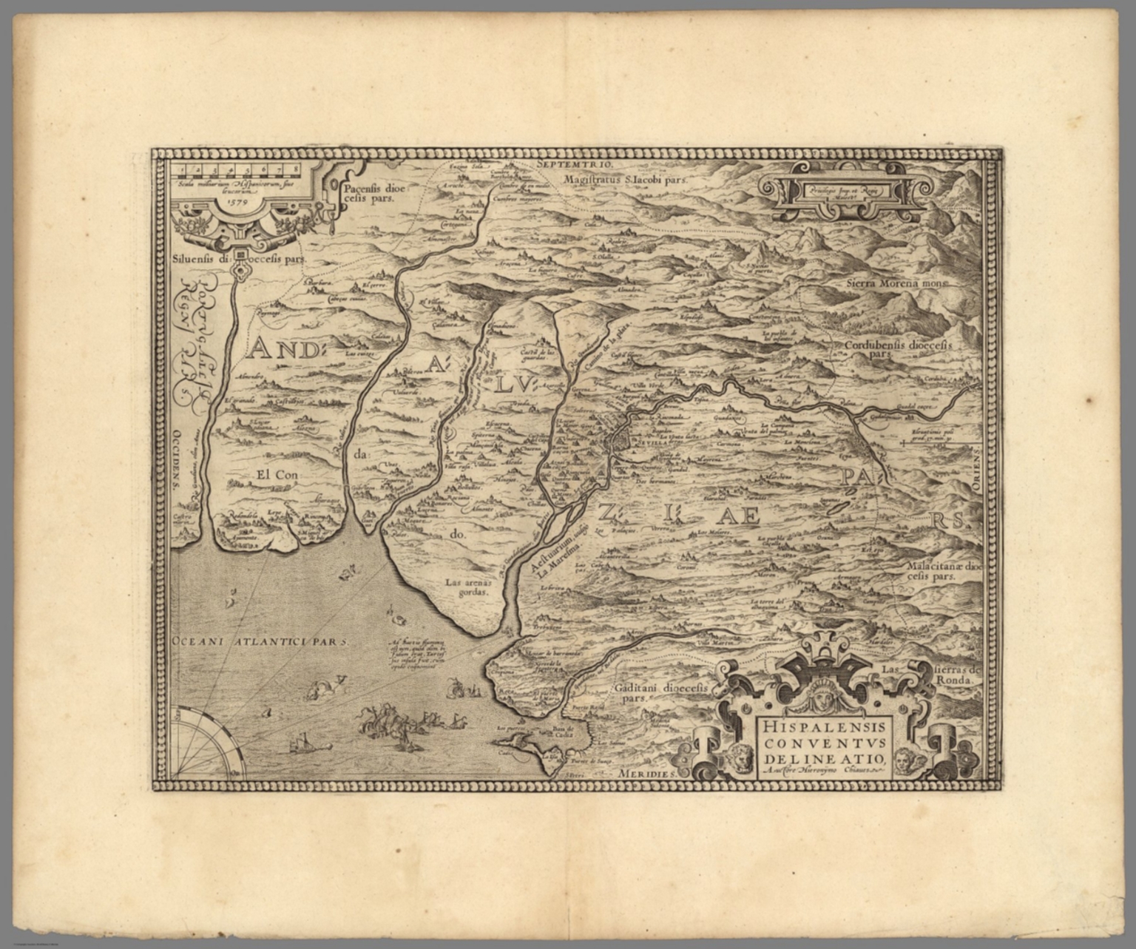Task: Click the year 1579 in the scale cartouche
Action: click(x=239, y=198)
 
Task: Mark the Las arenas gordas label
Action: click(x=468, y=587)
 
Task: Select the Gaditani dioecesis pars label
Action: click(x=660, y=692)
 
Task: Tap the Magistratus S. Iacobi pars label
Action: click(x=625, y=179)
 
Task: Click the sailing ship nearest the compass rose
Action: click(x=302, y=741)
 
